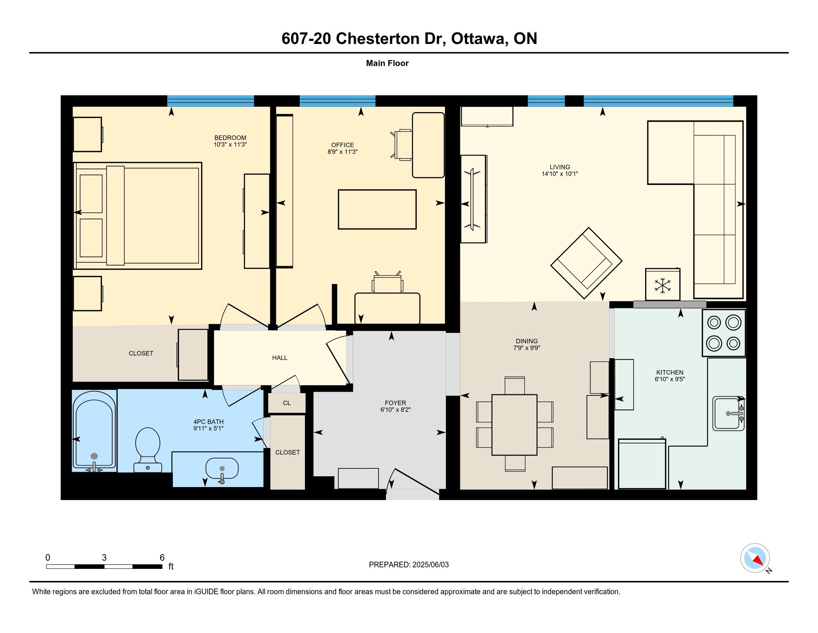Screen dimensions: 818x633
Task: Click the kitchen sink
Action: [x=728, y=413]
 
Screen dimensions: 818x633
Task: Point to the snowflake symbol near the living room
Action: [x=662, y=285]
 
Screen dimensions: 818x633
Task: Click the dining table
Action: [x=514, y=424]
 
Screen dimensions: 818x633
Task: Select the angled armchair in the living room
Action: [x=586, y=263]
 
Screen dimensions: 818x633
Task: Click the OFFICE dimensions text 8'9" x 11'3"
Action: [x=342, y=152]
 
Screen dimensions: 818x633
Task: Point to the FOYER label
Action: [x=395, y=403]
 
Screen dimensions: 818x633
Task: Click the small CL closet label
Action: [x=287, y=403]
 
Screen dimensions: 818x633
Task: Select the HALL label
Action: [x=280, y=358]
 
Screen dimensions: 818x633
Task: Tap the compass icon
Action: [x=755, y=558]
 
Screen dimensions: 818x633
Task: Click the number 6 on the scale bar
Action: [x=162, y=558]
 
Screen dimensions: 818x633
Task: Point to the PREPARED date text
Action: [x=409, y=565]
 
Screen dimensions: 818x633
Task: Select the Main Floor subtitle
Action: [x=387, y=63]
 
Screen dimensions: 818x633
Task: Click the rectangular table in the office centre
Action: [x=377, y=209]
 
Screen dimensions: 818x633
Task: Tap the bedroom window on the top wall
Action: [x=210, y=101]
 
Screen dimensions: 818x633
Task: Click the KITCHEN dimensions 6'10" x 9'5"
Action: [x=670, y=379]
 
